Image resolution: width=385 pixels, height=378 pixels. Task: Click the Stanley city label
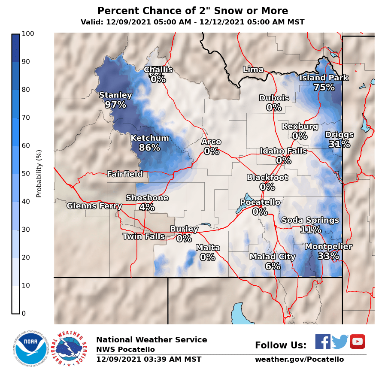click(115, 95)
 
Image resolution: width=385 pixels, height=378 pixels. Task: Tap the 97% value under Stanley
click(115, 105)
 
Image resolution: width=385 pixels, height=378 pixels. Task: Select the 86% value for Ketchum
click(149, 148)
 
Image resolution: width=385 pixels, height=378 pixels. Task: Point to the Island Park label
click(324, 78)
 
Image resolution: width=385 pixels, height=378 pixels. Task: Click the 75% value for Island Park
click(324, 88)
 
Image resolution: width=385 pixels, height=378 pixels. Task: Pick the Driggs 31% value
click(339, 144)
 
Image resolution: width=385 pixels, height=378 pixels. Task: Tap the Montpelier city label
click(328, 247)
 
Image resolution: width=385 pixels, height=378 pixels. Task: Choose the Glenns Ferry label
click(94, 206)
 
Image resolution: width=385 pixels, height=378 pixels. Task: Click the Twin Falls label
click(143, 236)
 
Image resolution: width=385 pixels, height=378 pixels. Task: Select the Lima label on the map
click(253, 70)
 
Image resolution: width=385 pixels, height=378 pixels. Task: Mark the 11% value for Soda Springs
click(310, 230)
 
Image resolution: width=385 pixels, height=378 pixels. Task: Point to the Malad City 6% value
click(273, 266)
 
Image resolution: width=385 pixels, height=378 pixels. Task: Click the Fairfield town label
click(124, 174)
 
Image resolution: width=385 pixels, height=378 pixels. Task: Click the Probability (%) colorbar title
click(39, 173)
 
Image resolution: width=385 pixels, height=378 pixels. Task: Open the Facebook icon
click(323, 342)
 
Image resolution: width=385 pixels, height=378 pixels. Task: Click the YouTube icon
click(357, 342)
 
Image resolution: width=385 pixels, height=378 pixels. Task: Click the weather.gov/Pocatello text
click(299, 360)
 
